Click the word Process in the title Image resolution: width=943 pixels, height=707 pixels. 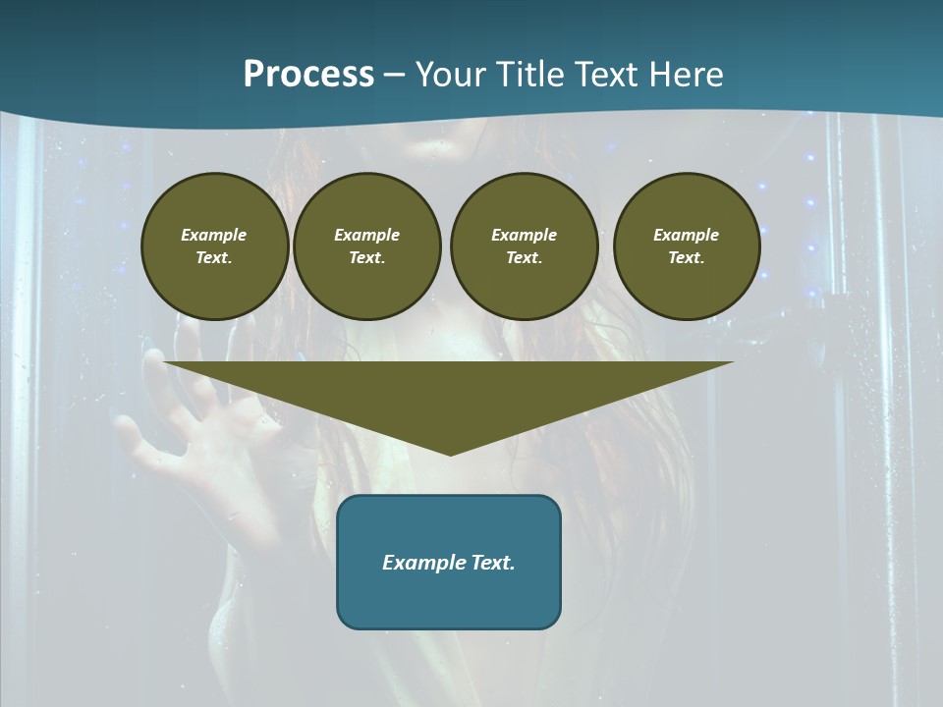[308, 74]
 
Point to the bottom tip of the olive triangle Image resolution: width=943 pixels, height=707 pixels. [450, 454]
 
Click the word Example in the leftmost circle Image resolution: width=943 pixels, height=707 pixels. [214, 235]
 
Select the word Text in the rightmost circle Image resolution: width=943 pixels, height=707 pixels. [686, 257]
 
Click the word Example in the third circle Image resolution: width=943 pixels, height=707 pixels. [524, 235]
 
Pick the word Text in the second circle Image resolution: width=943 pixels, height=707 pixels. [366, 257]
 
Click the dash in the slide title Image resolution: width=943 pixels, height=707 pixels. [394, 75]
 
